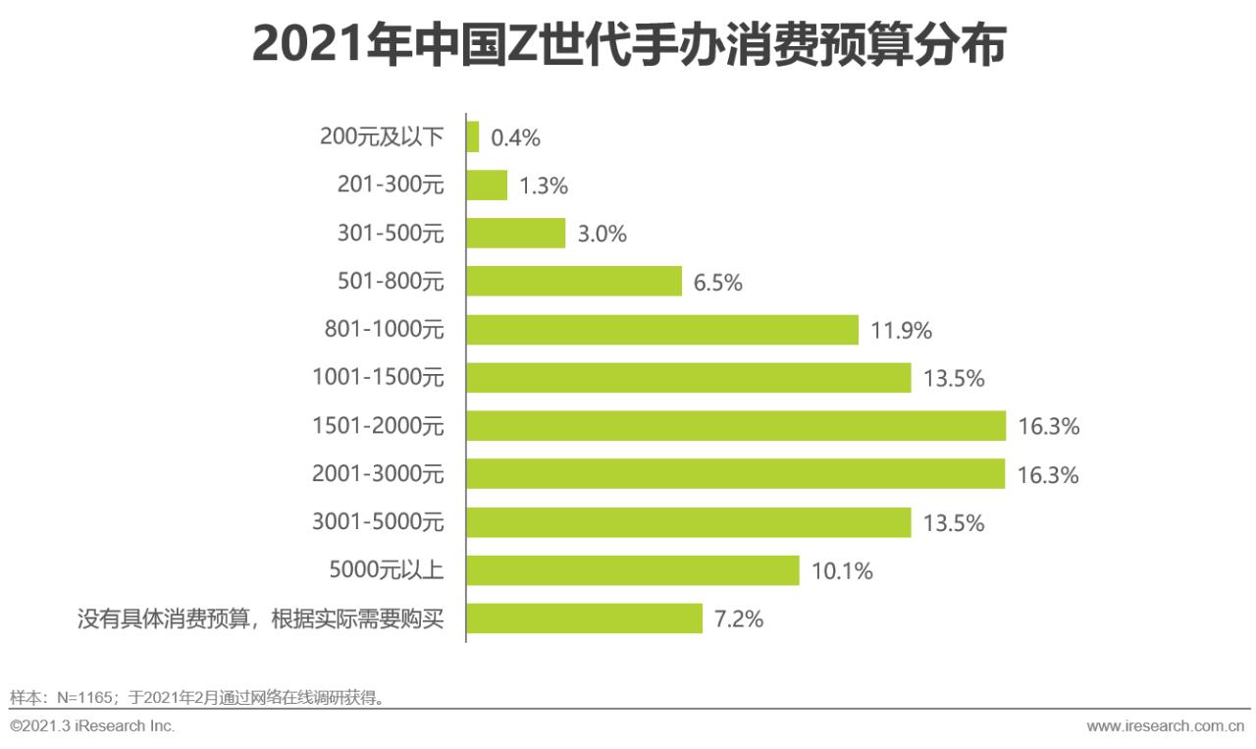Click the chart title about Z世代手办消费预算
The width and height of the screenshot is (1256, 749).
(x=628, y=46)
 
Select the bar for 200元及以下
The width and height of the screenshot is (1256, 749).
(x=473, y=137)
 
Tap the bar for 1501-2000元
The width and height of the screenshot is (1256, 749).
(x=736, y=426)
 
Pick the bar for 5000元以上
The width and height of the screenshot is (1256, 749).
(x=633, y=570)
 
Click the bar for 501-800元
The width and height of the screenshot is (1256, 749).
(x=574, y=282)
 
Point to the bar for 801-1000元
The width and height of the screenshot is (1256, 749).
(x=662, y=330)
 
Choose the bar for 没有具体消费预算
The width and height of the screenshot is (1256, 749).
(x=585, y=618)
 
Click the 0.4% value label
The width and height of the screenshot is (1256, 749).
(x=515, y=138)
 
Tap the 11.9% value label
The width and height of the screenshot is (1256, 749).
(x=901, y=331)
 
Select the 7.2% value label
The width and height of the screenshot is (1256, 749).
(x=739, y=619)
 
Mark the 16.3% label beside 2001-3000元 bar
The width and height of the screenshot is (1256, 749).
(x=1048, y=475)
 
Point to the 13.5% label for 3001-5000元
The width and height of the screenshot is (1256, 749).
(x=953, y=523)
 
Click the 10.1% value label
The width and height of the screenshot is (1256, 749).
(x=842, y=571)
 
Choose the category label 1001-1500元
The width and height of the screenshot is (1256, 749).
(x=378, y=378)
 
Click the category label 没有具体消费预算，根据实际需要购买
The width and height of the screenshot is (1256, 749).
(x=260, y=619)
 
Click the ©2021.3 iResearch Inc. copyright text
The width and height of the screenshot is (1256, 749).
(x=92, y=726)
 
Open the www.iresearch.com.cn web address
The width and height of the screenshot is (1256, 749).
(x=1166, y=726)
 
